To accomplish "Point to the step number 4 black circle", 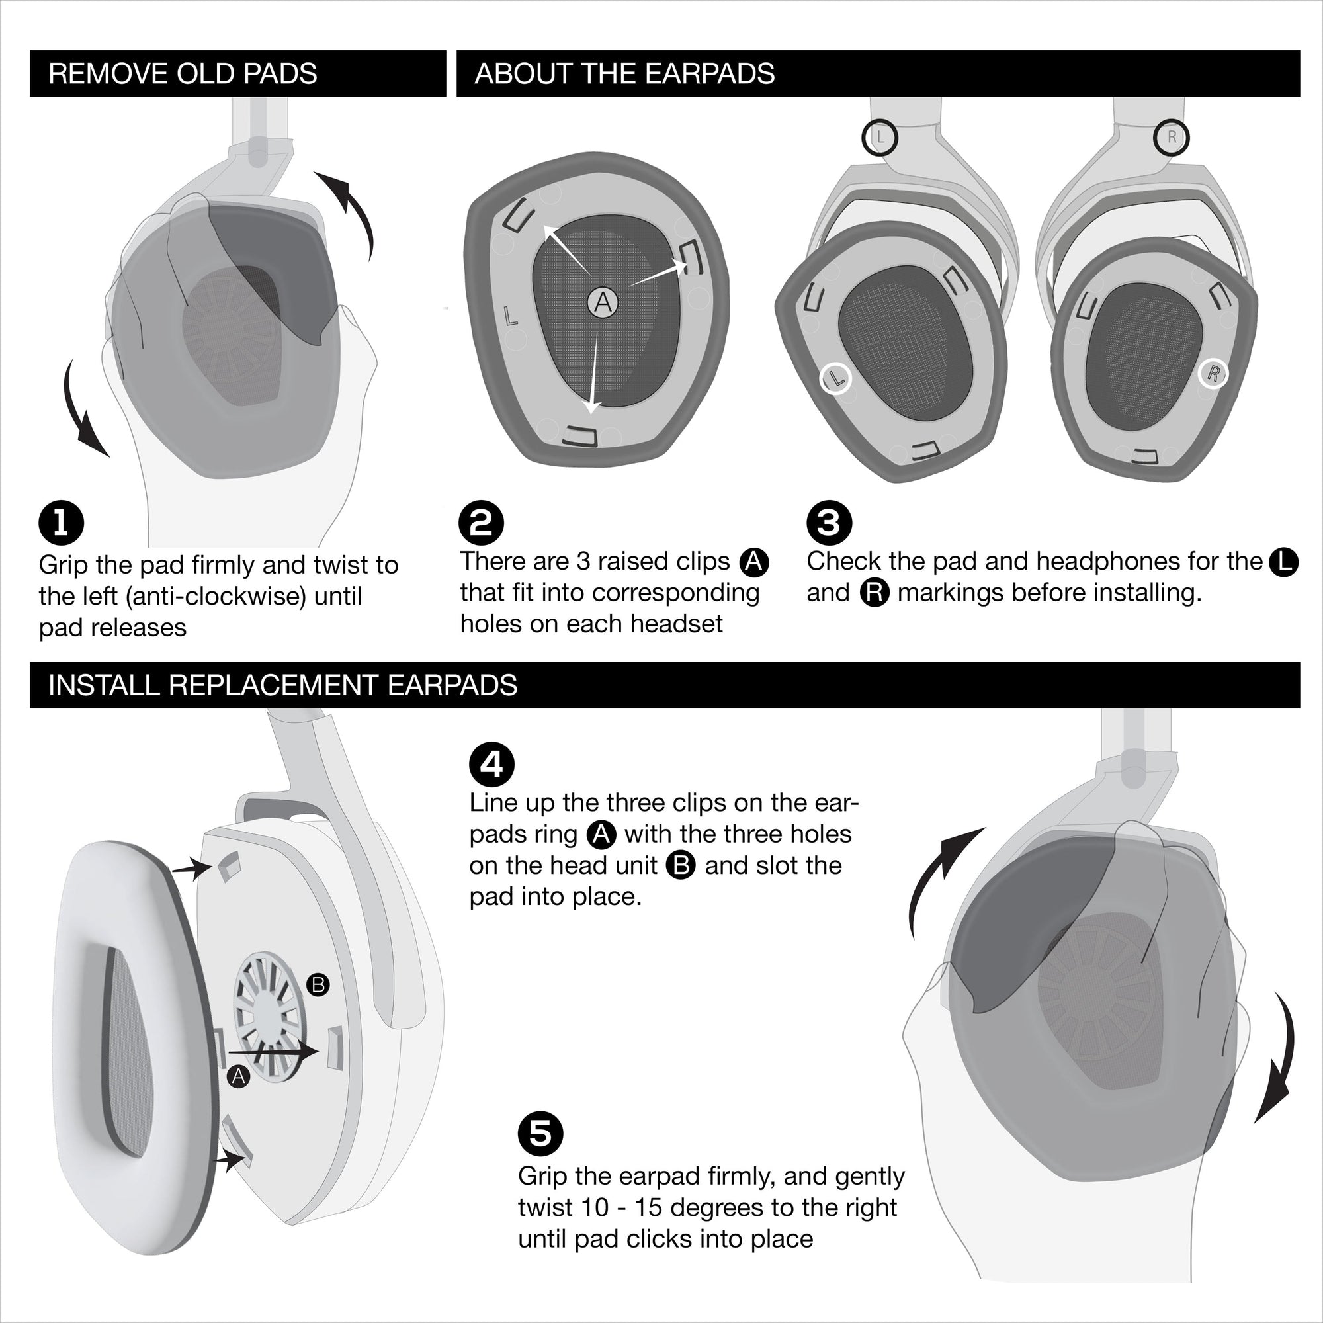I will (491, 764).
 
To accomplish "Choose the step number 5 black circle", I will (540, 1133).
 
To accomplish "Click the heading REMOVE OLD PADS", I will (183, 73).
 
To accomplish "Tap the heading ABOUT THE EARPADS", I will (624, 73).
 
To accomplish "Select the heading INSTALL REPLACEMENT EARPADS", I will (283, 685).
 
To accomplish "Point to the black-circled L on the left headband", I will (880, 137).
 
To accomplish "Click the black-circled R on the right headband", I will (1171, 137).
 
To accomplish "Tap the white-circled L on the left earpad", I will (835, 378).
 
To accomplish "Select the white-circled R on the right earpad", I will (1213, 374).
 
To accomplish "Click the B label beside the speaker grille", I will (318, 986).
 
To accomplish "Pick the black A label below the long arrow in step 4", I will (238, 1076).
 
